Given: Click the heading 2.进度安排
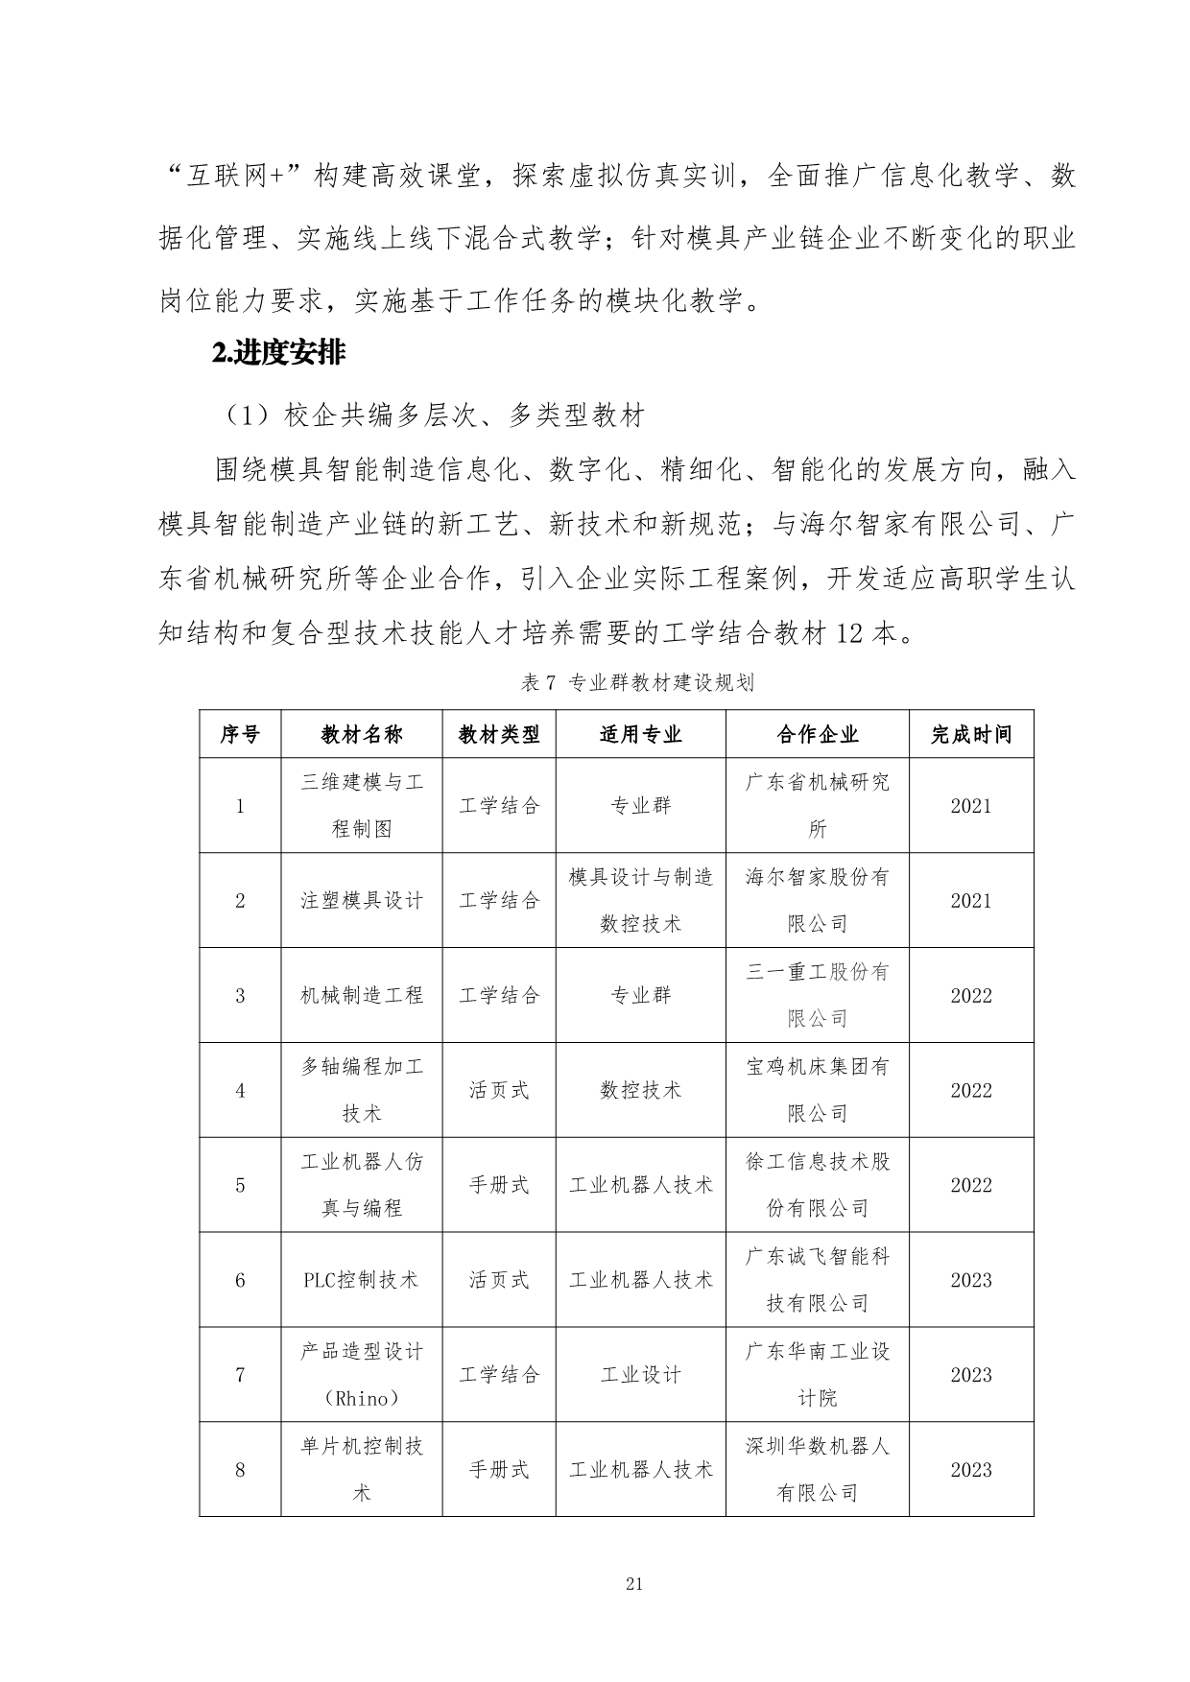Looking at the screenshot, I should click(x=278, y=354).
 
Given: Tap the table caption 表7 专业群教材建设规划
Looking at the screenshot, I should click(x=636, y=683).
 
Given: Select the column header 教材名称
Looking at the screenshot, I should click(x=362, y=735).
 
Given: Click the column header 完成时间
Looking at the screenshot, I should click(x=971, y=735).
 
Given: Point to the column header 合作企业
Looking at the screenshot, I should click(x=818, y=735).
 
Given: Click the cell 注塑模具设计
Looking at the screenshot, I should click(x=362, y=901).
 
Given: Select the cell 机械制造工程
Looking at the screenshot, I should click(x=362, y=996).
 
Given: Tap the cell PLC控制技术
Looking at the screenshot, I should click(x=362, y=1281).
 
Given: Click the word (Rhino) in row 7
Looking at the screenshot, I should click(x=362, y=1399).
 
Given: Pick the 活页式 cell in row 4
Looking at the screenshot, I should click(x=499, y=1091).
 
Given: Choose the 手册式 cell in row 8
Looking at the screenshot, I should click(x=499, y=1470).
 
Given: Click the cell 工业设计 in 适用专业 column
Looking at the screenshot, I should click(x=640, y=1376).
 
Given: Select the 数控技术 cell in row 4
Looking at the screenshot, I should click(x=640, y=1091).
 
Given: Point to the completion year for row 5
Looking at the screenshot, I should click(x=971, y=1186).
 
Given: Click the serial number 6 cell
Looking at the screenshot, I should click(x=240, y=1281).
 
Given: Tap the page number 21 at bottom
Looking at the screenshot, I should click(x=633, y=1584).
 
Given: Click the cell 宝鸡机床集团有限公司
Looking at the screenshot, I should click(x=818, y=1091).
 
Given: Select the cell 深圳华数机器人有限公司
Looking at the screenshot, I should click(x=818, y=1470).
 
